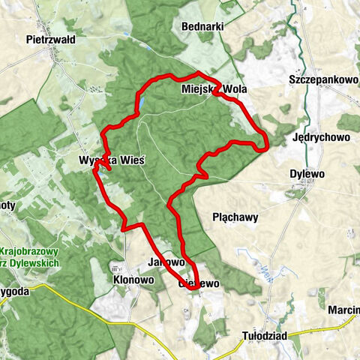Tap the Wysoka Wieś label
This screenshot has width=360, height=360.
pos(111,160)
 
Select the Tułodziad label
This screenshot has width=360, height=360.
pos(265,336)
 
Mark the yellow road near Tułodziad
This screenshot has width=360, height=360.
pos(315,328)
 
